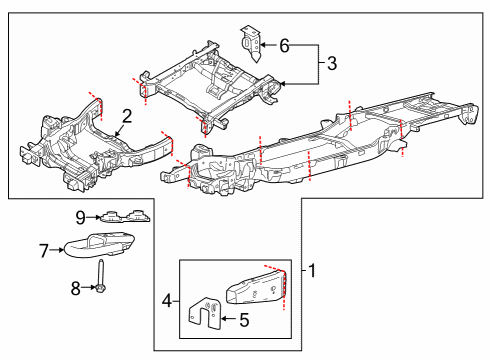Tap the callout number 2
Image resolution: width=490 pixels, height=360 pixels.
click(x=127, y=115)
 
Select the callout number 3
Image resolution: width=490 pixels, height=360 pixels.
click(x=331, y=66)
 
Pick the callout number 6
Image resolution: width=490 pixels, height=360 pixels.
click(x=283, y=45)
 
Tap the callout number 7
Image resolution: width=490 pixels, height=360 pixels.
click(x=43, y=250)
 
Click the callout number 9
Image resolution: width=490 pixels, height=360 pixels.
click(x=80, y=215)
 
